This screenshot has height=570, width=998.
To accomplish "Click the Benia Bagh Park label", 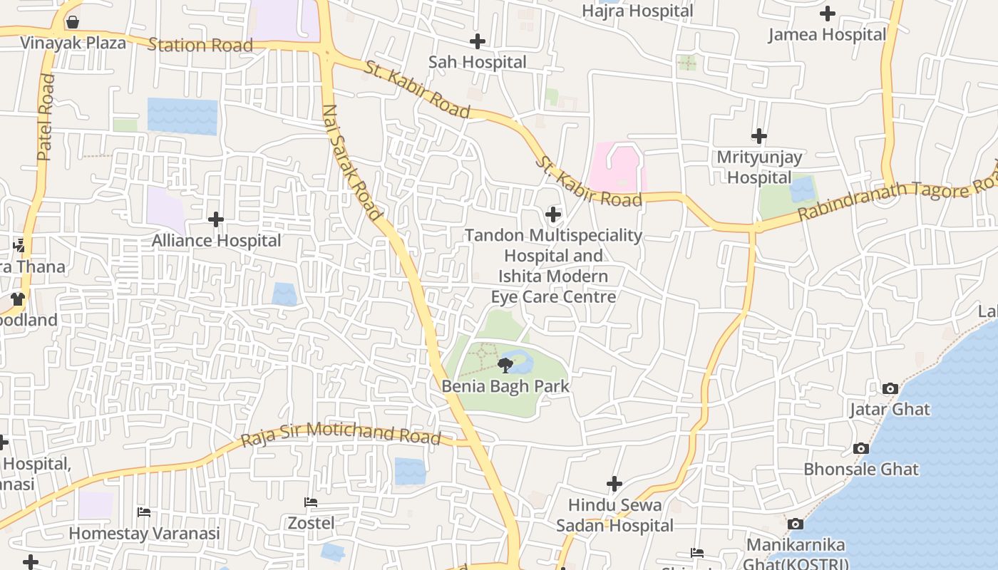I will pyautogui.click(x=505, y=386).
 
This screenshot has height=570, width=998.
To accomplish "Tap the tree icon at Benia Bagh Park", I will pyautogui.click(x=505, y=366).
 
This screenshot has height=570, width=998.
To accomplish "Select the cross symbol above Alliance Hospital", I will pyautogui.click(x=216, y=219).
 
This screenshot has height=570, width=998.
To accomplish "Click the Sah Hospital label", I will pyautogui.click(x=477, y=62).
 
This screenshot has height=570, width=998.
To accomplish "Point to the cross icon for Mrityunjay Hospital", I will pyautogui.click(x=759, y=136).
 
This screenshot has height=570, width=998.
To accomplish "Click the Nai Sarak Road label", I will pyautogui.click(x=353, y=162).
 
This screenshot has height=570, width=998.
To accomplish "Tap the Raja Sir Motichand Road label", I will pyautogui.click(x=341, y=433).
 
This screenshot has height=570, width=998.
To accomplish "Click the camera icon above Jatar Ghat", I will pyautogui.click(x=890, y=388).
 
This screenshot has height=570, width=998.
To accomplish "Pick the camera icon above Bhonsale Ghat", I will pyautogui.click(x=861, y=449).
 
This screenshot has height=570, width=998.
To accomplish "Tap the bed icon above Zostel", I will pyautogui.click(x=311, y=502).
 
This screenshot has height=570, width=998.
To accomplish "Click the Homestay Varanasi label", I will pyautogui.click(x=144, y=533).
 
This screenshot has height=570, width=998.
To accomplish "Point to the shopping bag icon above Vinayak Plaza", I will pyautogui.click(x=72, y=22).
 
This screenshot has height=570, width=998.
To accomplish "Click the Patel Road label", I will pyautogui.click(x=46, y=118).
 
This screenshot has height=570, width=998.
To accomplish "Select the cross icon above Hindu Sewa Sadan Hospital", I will pyautogui.click(x=614, y=484).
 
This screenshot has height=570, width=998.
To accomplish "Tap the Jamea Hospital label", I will pyautogui.click(x=827, y=34).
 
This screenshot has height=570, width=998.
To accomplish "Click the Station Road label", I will pyautogui.click(x=200, y=46).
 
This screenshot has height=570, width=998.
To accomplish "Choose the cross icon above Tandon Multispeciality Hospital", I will pyautogui.click(x=553, y=214).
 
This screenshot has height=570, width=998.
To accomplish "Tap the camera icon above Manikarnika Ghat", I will pyautogui.click(x=796, y=524).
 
